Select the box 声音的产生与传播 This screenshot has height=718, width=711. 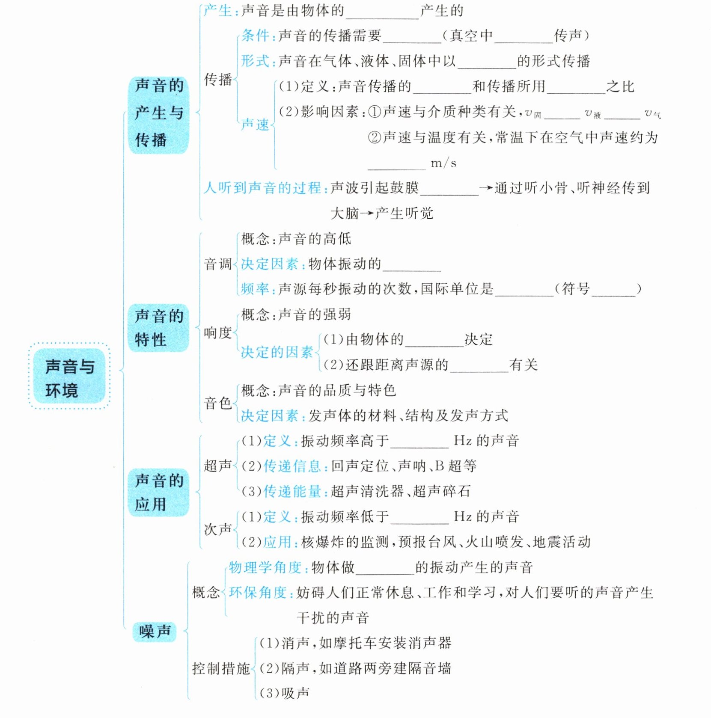click(158, 113)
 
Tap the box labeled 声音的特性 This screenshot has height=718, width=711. click(158, 328)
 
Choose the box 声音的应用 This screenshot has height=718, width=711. click(158, 493)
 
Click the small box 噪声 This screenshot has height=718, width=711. click(155, 631)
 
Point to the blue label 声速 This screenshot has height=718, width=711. click(255, 125)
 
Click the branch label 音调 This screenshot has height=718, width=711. click(217, 264)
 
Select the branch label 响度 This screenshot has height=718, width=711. click(217, 333)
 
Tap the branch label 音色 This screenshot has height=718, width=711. click(217, 403)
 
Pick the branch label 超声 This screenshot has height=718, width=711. click(217, 466)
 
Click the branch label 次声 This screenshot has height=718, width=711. click(217, 529)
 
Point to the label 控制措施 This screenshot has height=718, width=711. click(220, 668)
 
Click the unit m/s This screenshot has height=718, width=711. click(443, 163)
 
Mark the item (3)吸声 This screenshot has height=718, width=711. click(284, 693)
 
